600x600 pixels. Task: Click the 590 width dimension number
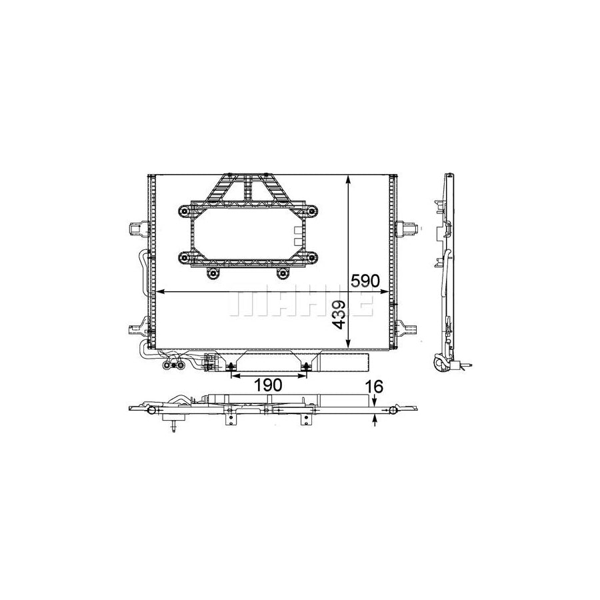pos(365,281)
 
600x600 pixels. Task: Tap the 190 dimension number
pos(268,385)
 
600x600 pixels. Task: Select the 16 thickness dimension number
pos(373,387)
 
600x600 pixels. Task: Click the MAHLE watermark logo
pos(301,303)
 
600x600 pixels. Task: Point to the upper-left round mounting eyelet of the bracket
pos(185,211)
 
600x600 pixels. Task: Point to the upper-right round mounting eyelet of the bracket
pos(312,211)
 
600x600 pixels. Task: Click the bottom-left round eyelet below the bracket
pos(213,273)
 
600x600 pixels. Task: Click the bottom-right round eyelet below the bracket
pos(283,273)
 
